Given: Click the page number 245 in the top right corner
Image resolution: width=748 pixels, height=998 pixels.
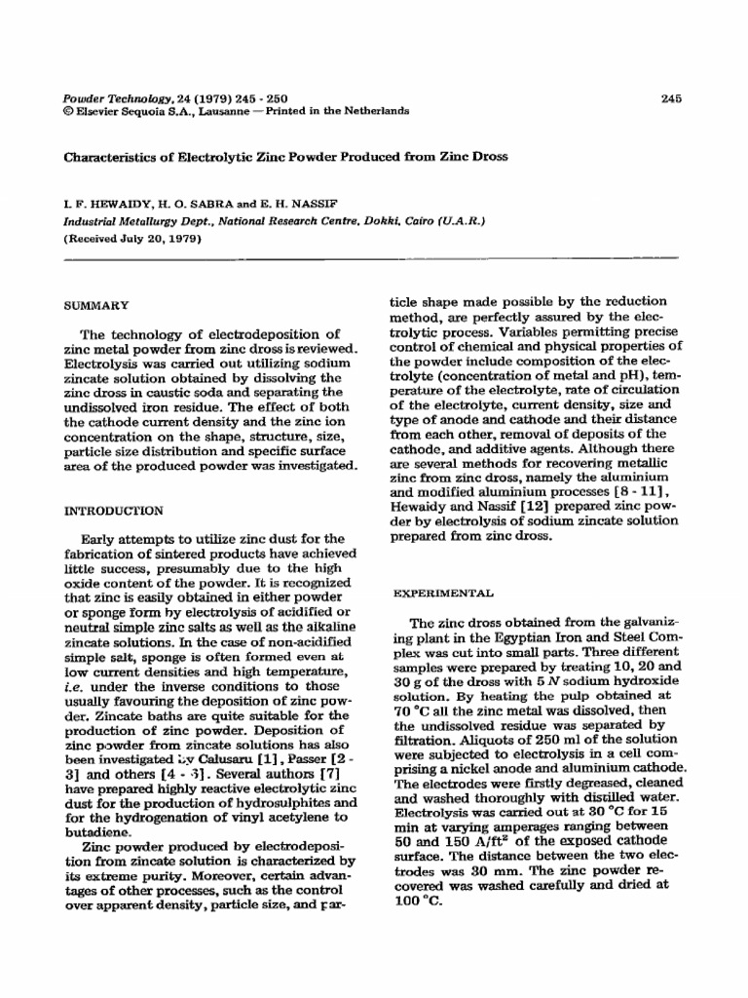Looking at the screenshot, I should pos(669,97).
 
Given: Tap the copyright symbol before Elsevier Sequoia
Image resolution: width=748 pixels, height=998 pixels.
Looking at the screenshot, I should pos(67,111).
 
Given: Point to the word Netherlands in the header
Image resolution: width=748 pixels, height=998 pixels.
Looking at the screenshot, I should pos(374,111).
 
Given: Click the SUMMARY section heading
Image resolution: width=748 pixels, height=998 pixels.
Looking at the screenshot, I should pos(95,305).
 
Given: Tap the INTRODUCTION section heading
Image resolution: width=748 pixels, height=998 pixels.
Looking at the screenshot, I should pos(113,510).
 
